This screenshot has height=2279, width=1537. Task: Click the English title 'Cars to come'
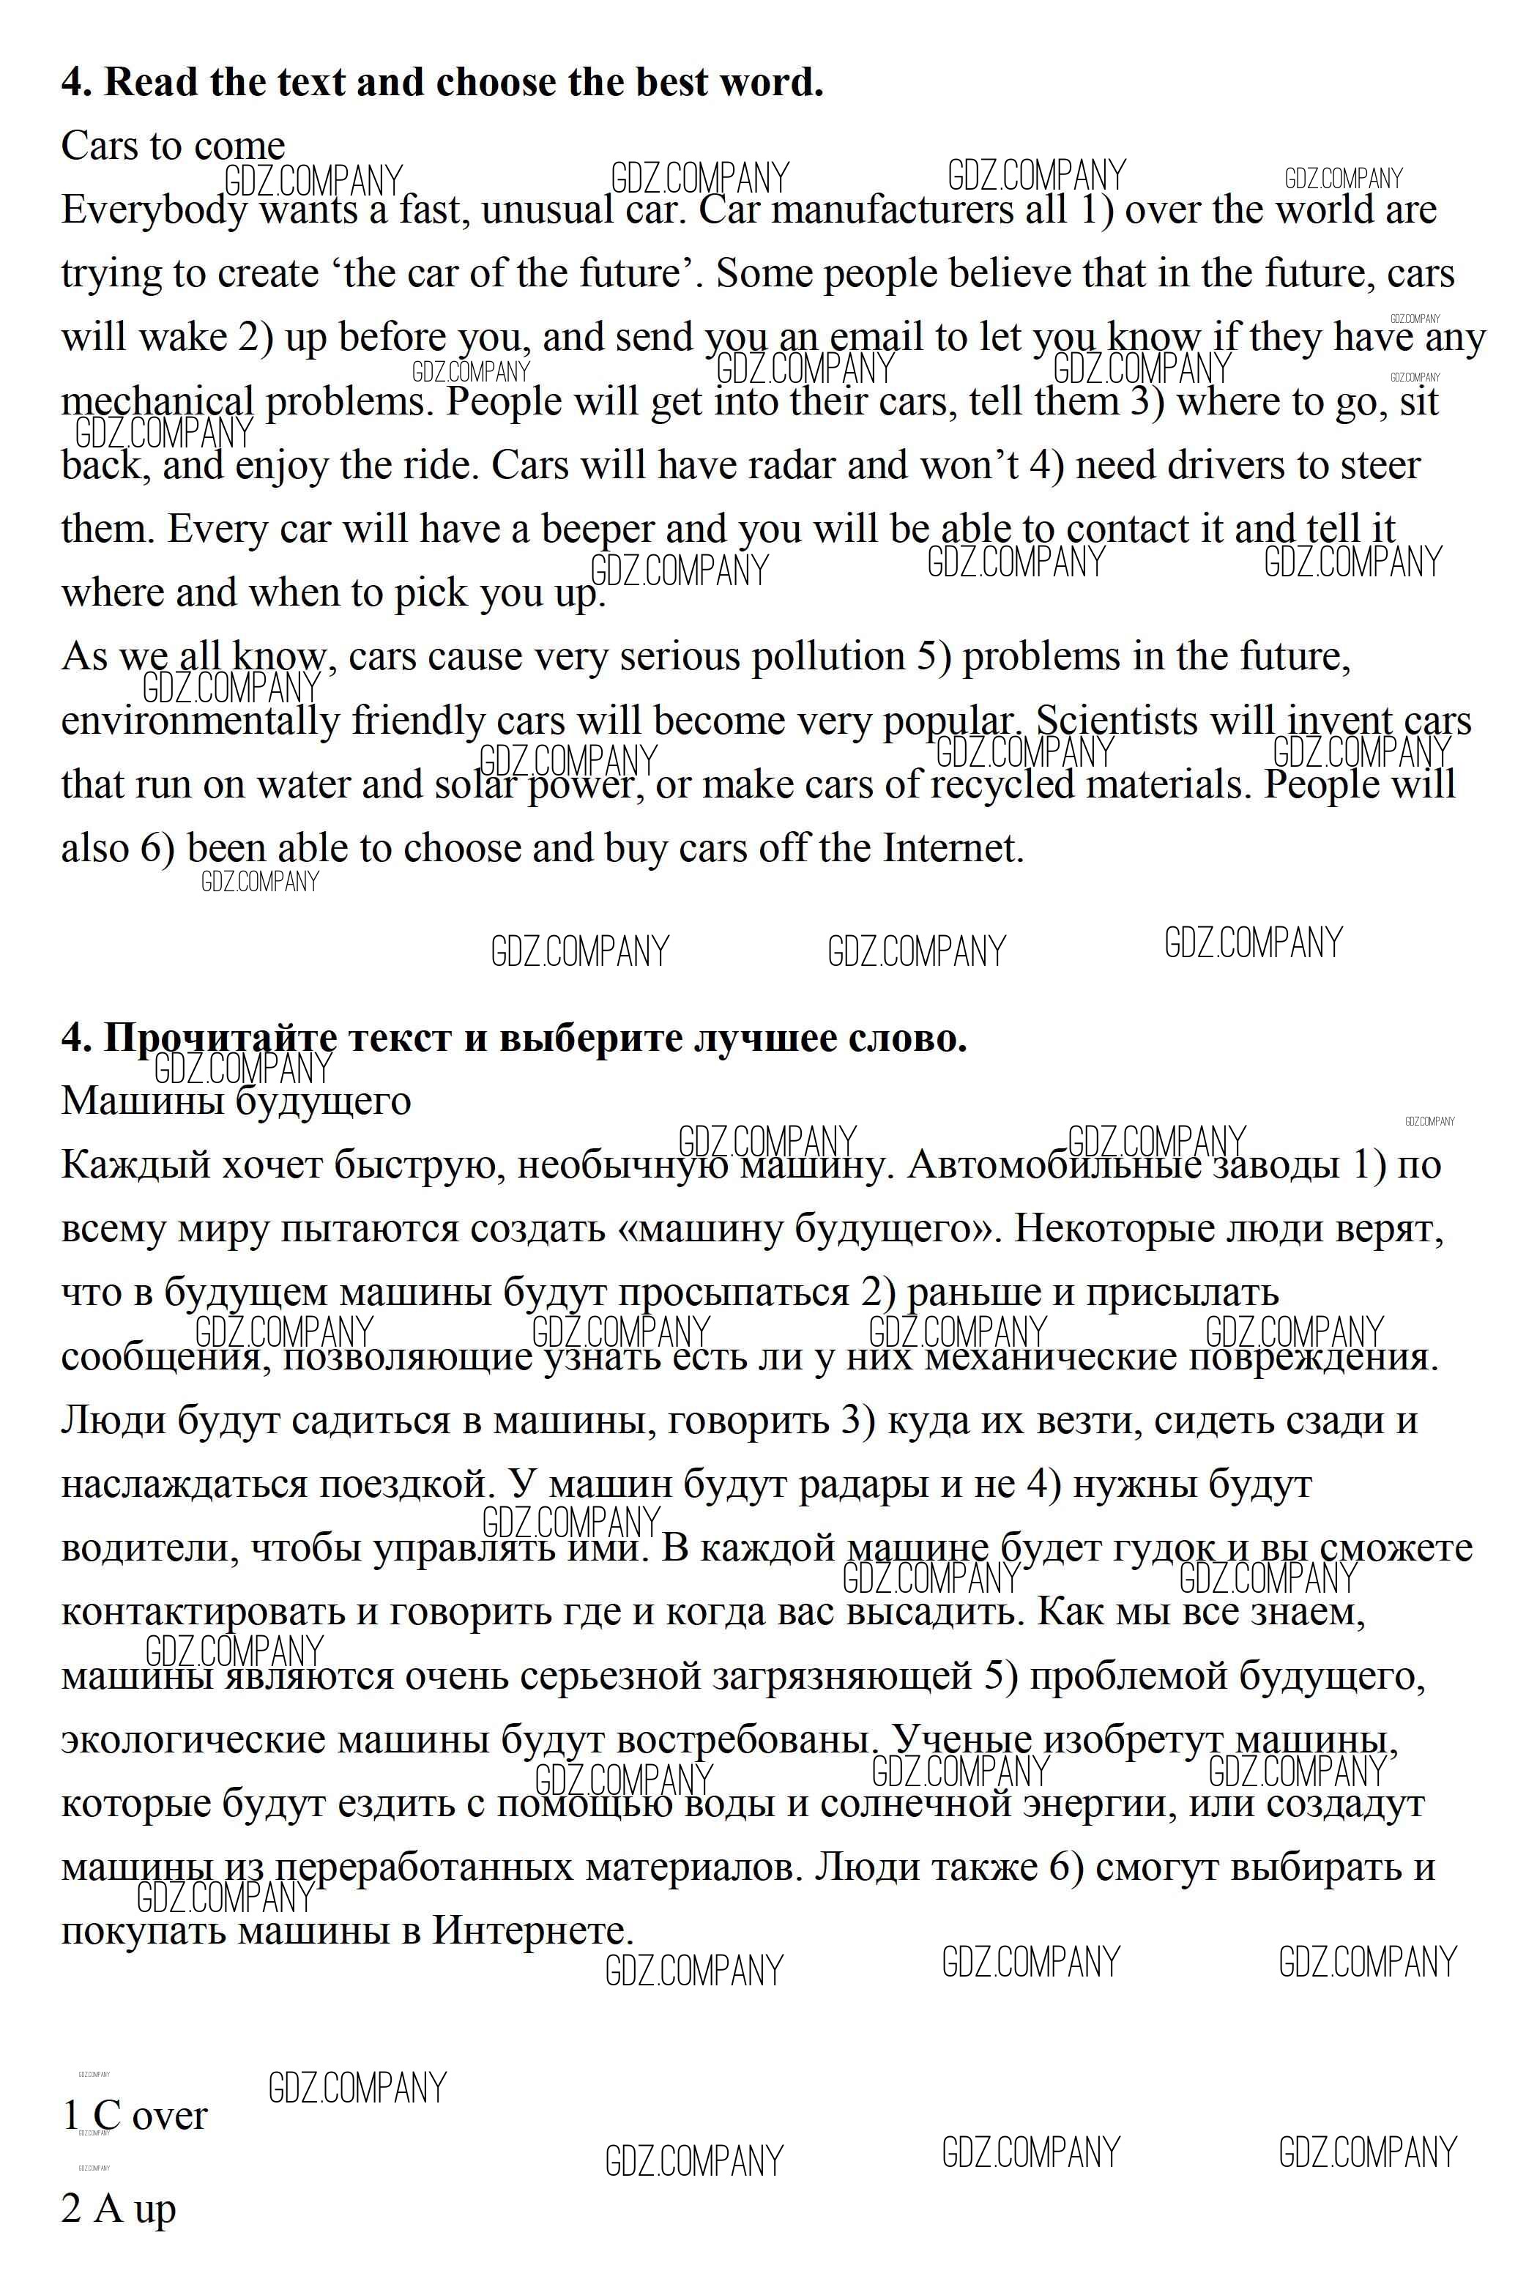click(173, 146)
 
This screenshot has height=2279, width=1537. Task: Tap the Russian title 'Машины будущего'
click(235, 1101)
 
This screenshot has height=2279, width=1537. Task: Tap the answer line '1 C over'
click(134, 2115)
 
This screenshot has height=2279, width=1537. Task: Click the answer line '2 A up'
click(119, 2209)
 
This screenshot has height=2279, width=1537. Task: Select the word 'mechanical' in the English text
click(157, 402)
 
